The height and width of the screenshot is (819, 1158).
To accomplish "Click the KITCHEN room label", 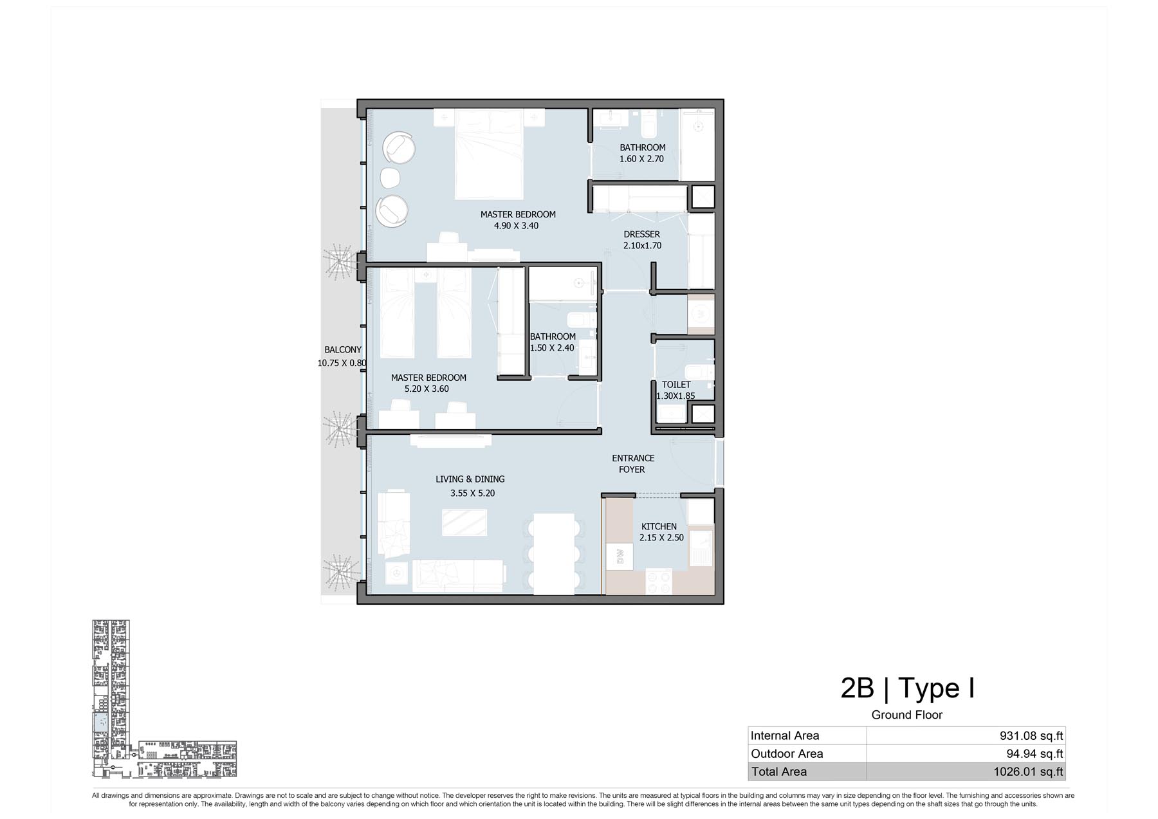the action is pyautogui.click(x=659, y=526).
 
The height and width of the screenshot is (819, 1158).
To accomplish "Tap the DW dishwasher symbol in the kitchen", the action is pyautogui.click(x=620, y=556).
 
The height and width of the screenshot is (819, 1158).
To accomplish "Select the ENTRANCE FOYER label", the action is pyautogui.click(x=633, y=464).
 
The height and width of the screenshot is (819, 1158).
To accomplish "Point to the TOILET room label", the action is pyautogui.click(x=676, y=385).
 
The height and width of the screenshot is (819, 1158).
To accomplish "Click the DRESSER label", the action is pyautogui.click(x=641, y=234).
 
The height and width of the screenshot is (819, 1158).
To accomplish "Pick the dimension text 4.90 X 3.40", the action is pyautogui.click(x=516, y=226).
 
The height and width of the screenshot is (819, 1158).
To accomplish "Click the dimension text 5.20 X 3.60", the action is pyautogui.click(x=427, y=389).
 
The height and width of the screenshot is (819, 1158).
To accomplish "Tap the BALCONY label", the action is pyautogui.click(x=343, y=350).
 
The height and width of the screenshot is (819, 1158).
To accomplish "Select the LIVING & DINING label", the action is pyautogui.click(x=470, y=479).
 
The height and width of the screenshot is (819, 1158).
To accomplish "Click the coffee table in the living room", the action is pyautogui.click(x=464, y=522).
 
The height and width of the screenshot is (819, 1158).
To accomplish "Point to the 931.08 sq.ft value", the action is pyautogui.click(x=1031, y=736).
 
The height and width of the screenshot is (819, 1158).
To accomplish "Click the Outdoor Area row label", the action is pyautogui.click(x=787, y=754).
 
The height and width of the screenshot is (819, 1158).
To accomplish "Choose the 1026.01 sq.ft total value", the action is pyautogui.click(x=1028, y=772).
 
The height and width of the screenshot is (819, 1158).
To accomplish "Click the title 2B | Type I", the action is pyautogui.click(x=907, y=688).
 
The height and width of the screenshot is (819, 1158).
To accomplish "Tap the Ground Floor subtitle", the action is pyautogui.click(x=907, y=715).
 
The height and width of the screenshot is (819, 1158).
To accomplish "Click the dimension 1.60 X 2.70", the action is pyautogui.click(x=641, y=159).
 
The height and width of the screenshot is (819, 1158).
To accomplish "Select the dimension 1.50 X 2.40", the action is pyautogui.click(x=552, y=348).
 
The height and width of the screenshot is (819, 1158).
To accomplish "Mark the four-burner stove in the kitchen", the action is pyautogui.click(x=658, y=581).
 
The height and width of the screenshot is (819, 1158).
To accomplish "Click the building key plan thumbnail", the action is pyautogui.click(x=164, y=699).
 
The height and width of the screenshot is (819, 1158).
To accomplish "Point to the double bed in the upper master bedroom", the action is pyautogui.click(x=488, y=154).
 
